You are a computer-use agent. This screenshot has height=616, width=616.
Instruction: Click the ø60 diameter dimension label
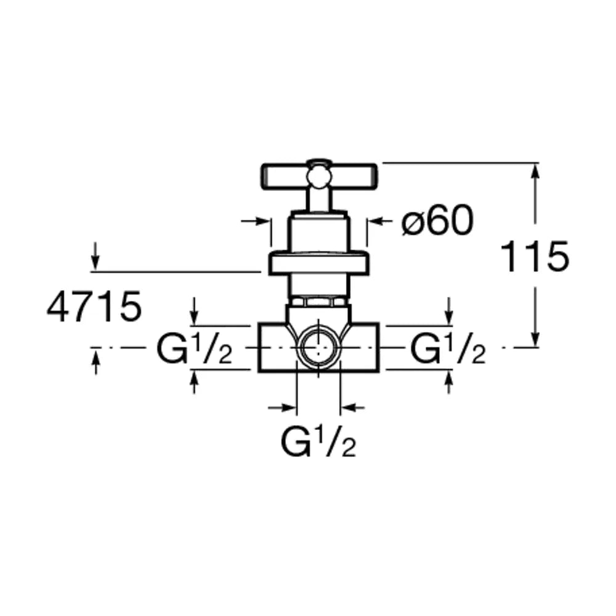coord(437,221)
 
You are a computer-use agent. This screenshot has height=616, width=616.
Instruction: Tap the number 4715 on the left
coord(94,306)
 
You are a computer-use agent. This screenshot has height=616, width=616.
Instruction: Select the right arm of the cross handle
coord(353,176)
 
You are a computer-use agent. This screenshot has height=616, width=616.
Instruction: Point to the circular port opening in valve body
coord(318,348)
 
